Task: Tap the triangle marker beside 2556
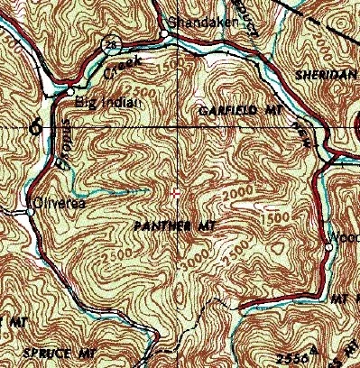313,349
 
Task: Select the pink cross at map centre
178,192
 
